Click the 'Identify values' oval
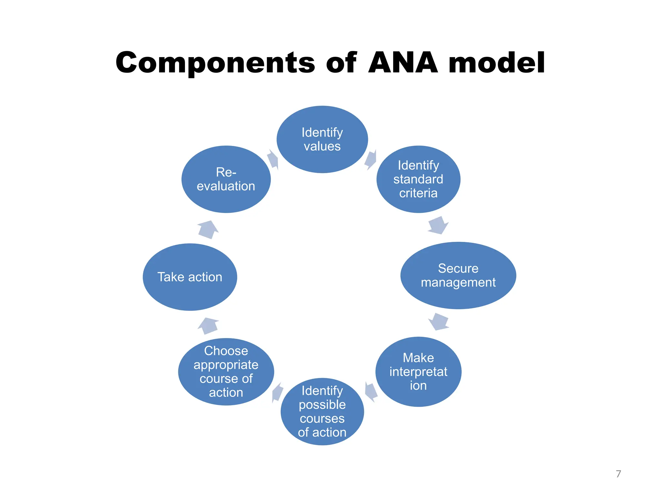pyautogui.click(x=322, y=139)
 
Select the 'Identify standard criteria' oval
pyautogui.click(x=418, y=179)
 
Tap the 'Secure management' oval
pyautogui.click(x=458, y=275)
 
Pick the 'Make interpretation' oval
pyautogui.click(x=418, y=372)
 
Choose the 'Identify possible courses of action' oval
pyautogui.click(x=322, y=411)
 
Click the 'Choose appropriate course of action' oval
pyautogui.click(x=226, y=372)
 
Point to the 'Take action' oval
pyautogui.click(x=190, y=277)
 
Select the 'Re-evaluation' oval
pyautogui.click(x=226, y=179)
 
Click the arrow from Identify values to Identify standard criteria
pyautogui.click(x=371, y=160)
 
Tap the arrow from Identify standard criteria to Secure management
pyautogui.click(x=438, y=225)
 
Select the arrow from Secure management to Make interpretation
pyautogui.click(x=439, y=322)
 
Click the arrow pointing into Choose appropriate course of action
pyautogui.click(x=277, y=392)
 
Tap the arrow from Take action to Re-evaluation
pyautogui.click(x=208, y=230)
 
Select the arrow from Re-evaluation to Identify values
pyautogui.click(x=273, y=160)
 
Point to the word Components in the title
pyautogui.click(x=215, y=63)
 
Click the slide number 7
pyautogui.click(x=618, y=474)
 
